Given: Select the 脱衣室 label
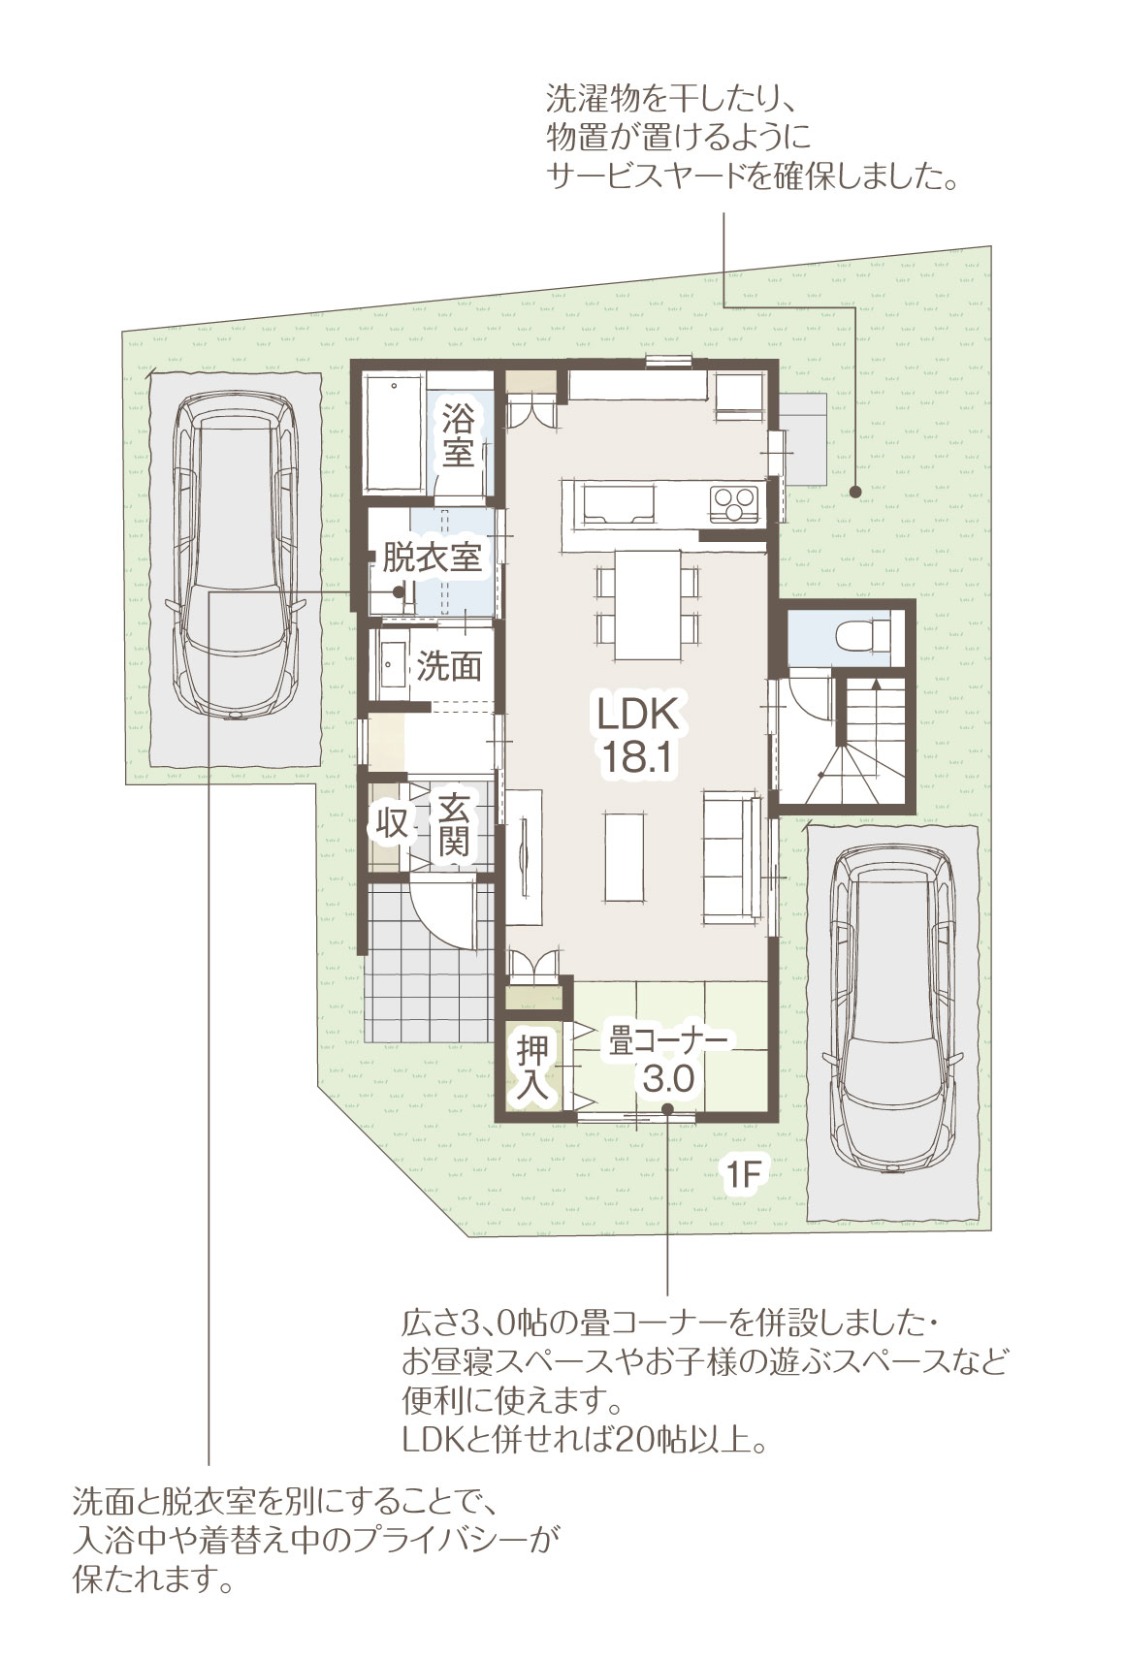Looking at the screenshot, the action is tap(432, 558).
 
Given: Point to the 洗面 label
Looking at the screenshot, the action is tap(449, 666).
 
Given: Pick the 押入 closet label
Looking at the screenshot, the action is tap(532, 1067).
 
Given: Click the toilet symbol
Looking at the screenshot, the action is tap(862, 635).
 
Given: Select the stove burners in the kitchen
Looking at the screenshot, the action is tap(735, 504).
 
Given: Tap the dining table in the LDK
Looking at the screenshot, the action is tap(647, 604).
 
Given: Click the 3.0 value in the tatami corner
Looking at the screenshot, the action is tap(669, 1080).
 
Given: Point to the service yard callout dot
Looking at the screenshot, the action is tap(854, 491).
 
